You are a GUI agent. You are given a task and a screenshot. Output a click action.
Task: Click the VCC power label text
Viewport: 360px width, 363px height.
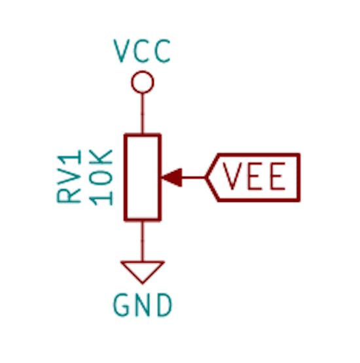(142, 51)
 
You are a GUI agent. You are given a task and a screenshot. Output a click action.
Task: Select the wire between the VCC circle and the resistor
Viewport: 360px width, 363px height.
(143, 113)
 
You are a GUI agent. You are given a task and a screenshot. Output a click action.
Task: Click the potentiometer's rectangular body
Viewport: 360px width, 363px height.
(125, 177)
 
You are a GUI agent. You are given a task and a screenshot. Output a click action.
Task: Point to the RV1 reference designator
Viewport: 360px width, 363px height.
(69, 177)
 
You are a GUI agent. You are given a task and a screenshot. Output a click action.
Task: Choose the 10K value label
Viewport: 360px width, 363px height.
(101, 177)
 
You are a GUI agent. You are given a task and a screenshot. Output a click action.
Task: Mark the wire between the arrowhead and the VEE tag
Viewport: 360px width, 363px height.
(194, 177)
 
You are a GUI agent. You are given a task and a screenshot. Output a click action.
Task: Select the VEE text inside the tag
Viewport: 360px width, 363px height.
(254, 176)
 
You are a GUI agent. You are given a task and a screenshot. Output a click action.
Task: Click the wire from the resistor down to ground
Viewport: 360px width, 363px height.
(143, 241)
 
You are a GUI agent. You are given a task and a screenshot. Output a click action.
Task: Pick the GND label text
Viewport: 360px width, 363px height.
(143, 305)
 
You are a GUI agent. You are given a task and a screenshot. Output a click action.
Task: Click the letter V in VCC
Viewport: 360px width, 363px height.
(122, 51)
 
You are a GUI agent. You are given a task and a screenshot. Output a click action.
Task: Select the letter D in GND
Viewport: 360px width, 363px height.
(165, 305)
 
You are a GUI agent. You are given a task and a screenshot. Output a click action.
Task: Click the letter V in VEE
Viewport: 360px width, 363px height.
(232, 176)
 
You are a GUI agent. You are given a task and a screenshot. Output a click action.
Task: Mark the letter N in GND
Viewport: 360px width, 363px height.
(142, 305)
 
